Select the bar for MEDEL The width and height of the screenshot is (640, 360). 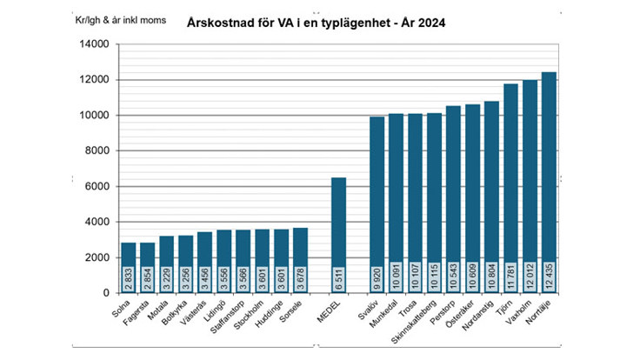[x=338, y=235]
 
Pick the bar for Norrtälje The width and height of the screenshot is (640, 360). [x=549, y=183]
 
